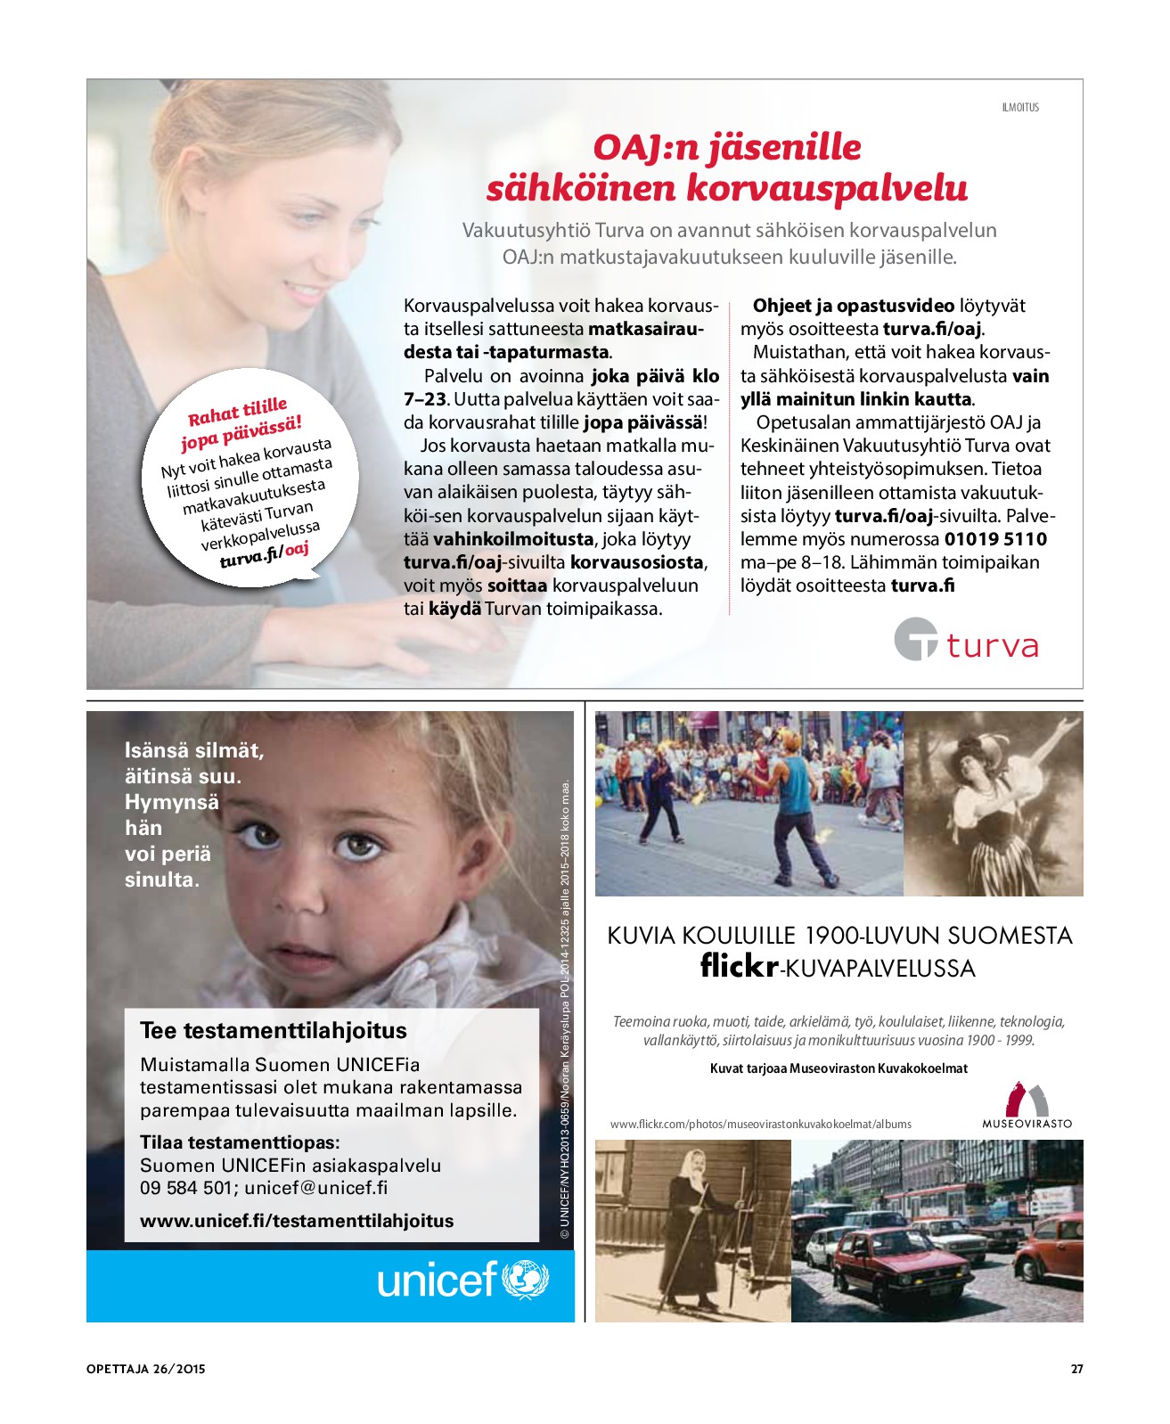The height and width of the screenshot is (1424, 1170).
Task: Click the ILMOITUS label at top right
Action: pos(1020,107)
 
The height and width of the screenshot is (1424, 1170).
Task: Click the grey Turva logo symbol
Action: pos(916,639)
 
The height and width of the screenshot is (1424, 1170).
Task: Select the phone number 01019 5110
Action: pos(995,539)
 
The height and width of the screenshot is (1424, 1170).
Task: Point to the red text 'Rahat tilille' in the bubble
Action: pos(237,413)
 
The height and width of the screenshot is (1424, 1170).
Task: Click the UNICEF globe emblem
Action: pos(526,1281)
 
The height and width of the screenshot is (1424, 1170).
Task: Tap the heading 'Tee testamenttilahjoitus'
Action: pos(273,1031)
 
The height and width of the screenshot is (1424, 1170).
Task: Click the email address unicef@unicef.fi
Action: pos(316,1188)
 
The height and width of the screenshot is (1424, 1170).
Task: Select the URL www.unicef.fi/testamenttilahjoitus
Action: pos(297,1221)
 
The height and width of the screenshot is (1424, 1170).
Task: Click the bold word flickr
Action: pos(739,966)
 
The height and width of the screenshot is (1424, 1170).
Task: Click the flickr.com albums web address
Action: pos(761,1125)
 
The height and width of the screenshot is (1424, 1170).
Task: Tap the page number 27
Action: pos(1076,1369)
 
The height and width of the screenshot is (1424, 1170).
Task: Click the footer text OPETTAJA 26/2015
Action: pos(146,1369)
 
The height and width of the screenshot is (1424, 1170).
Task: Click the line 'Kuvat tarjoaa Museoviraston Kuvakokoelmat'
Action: pos(839,1068)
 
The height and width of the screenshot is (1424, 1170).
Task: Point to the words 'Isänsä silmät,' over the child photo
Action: pos(194,751)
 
